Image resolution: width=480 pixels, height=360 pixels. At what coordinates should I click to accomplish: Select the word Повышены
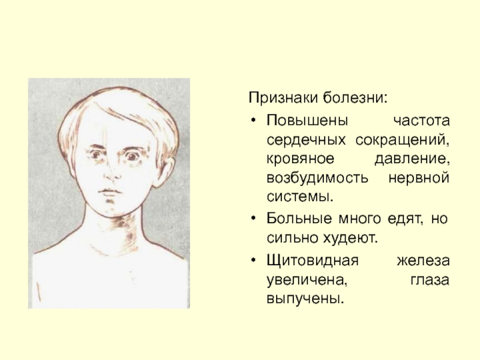(307, 121)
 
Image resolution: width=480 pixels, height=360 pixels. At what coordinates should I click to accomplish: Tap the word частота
(421, 121)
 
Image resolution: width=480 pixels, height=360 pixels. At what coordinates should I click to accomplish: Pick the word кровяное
(301, 159)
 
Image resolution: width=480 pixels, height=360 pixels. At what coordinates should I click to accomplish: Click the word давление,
(412, 159)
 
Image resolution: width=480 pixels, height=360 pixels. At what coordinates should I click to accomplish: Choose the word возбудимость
(317, 178)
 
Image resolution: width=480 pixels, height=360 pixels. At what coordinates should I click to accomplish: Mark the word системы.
(299, 197)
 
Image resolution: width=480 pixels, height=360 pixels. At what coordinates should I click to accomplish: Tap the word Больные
(299, 218)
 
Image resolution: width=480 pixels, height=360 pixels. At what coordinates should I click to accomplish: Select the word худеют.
(350, 238)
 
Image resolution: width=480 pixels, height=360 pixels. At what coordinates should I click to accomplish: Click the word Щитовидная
(312, 261)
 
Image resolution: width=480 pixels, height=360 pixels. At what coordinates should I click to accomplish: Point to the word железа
(424, 261)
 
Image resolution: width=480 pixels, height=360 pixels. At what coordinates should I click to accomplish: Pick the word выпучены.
(304, 298)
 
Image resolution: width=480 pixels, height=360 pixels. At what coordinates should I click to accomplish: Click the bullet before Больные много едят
(253, 218)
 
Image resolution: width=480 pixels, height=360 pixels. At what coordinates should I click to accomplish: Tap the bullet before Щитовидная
(253, 261)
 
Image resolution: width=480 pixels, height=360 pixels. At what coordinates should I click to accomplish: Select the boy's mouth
(110, 191)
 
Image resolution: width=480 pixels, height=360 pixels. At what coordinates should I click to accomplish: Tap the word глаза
(430, 280)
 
